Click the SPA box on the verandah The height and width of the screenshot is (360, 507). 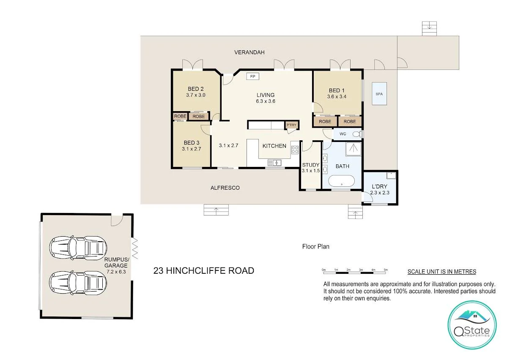click(379, 94)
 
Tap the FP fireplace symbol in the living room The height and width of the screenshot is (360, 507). click(253, 76)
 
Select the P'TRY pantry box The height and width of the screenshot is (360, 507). click(291, 125)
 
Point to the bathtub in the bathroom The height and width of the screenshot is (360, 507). click(342, 183)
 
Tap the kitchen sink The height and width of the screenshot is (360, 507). click(275, 162)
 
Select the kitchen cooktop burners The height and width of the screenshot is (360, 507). click(295, 149)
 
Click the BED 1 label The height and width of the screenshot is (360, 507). click(337, 90)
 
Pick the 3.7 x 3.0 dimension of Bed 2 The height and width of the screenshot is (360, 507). click(195, 95)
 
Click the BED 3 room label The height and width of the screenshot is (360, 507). click(191, 143)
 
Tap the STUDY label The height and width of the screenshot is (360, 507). click(310, 165)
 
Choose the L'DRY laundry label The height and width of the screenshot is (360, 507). click(379, 187)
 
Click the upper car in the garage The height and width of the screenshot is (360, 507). click(77, 246)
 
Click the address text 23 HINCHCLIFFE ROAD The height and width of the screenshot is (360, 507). click(203, 271)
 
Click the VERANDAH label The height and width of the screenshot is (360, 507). click(249, 52)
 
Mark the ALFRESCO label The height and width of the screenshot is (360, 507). click(225, 188)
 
